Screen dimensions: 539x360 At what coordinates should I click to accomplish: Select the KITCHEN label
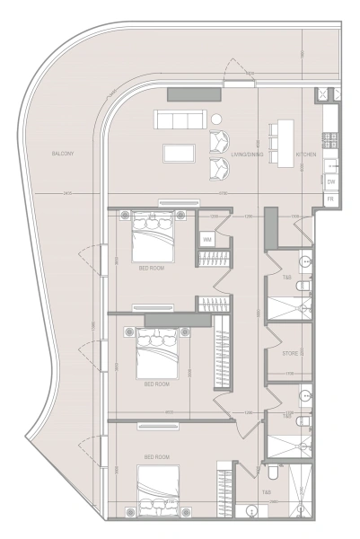point(306,155)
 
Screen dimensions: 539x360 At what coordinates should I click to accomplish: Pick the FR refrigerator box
point(330,199)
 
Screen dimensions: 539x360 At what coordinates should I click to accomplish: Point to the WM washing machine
point(206,240)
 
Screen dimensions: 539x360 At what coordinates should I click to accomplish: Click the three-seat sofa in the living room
point(180,119)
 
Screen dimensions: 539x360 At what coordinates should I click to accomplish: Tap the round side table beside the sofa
point(216,119)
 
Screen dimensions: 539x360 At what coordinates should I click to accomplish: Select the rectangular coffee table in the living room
point(179,152)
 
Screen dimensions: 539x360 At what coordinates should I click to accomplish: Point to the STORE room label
point(290,354)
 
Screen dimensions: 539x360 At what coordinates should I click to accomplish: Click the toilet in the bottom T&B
point(273,470)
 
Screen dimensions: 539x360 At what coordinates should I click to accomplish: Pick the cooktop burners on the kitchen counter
point(329,139)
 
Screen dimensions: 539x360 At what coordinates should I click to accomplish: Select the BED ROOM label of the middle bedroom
point(156,384)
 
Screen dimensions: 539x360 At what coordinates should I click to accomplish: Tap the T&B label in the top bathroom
point(287,278)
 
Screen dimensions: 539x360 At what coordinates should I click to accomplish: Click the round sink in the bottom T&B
point(251,511)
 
